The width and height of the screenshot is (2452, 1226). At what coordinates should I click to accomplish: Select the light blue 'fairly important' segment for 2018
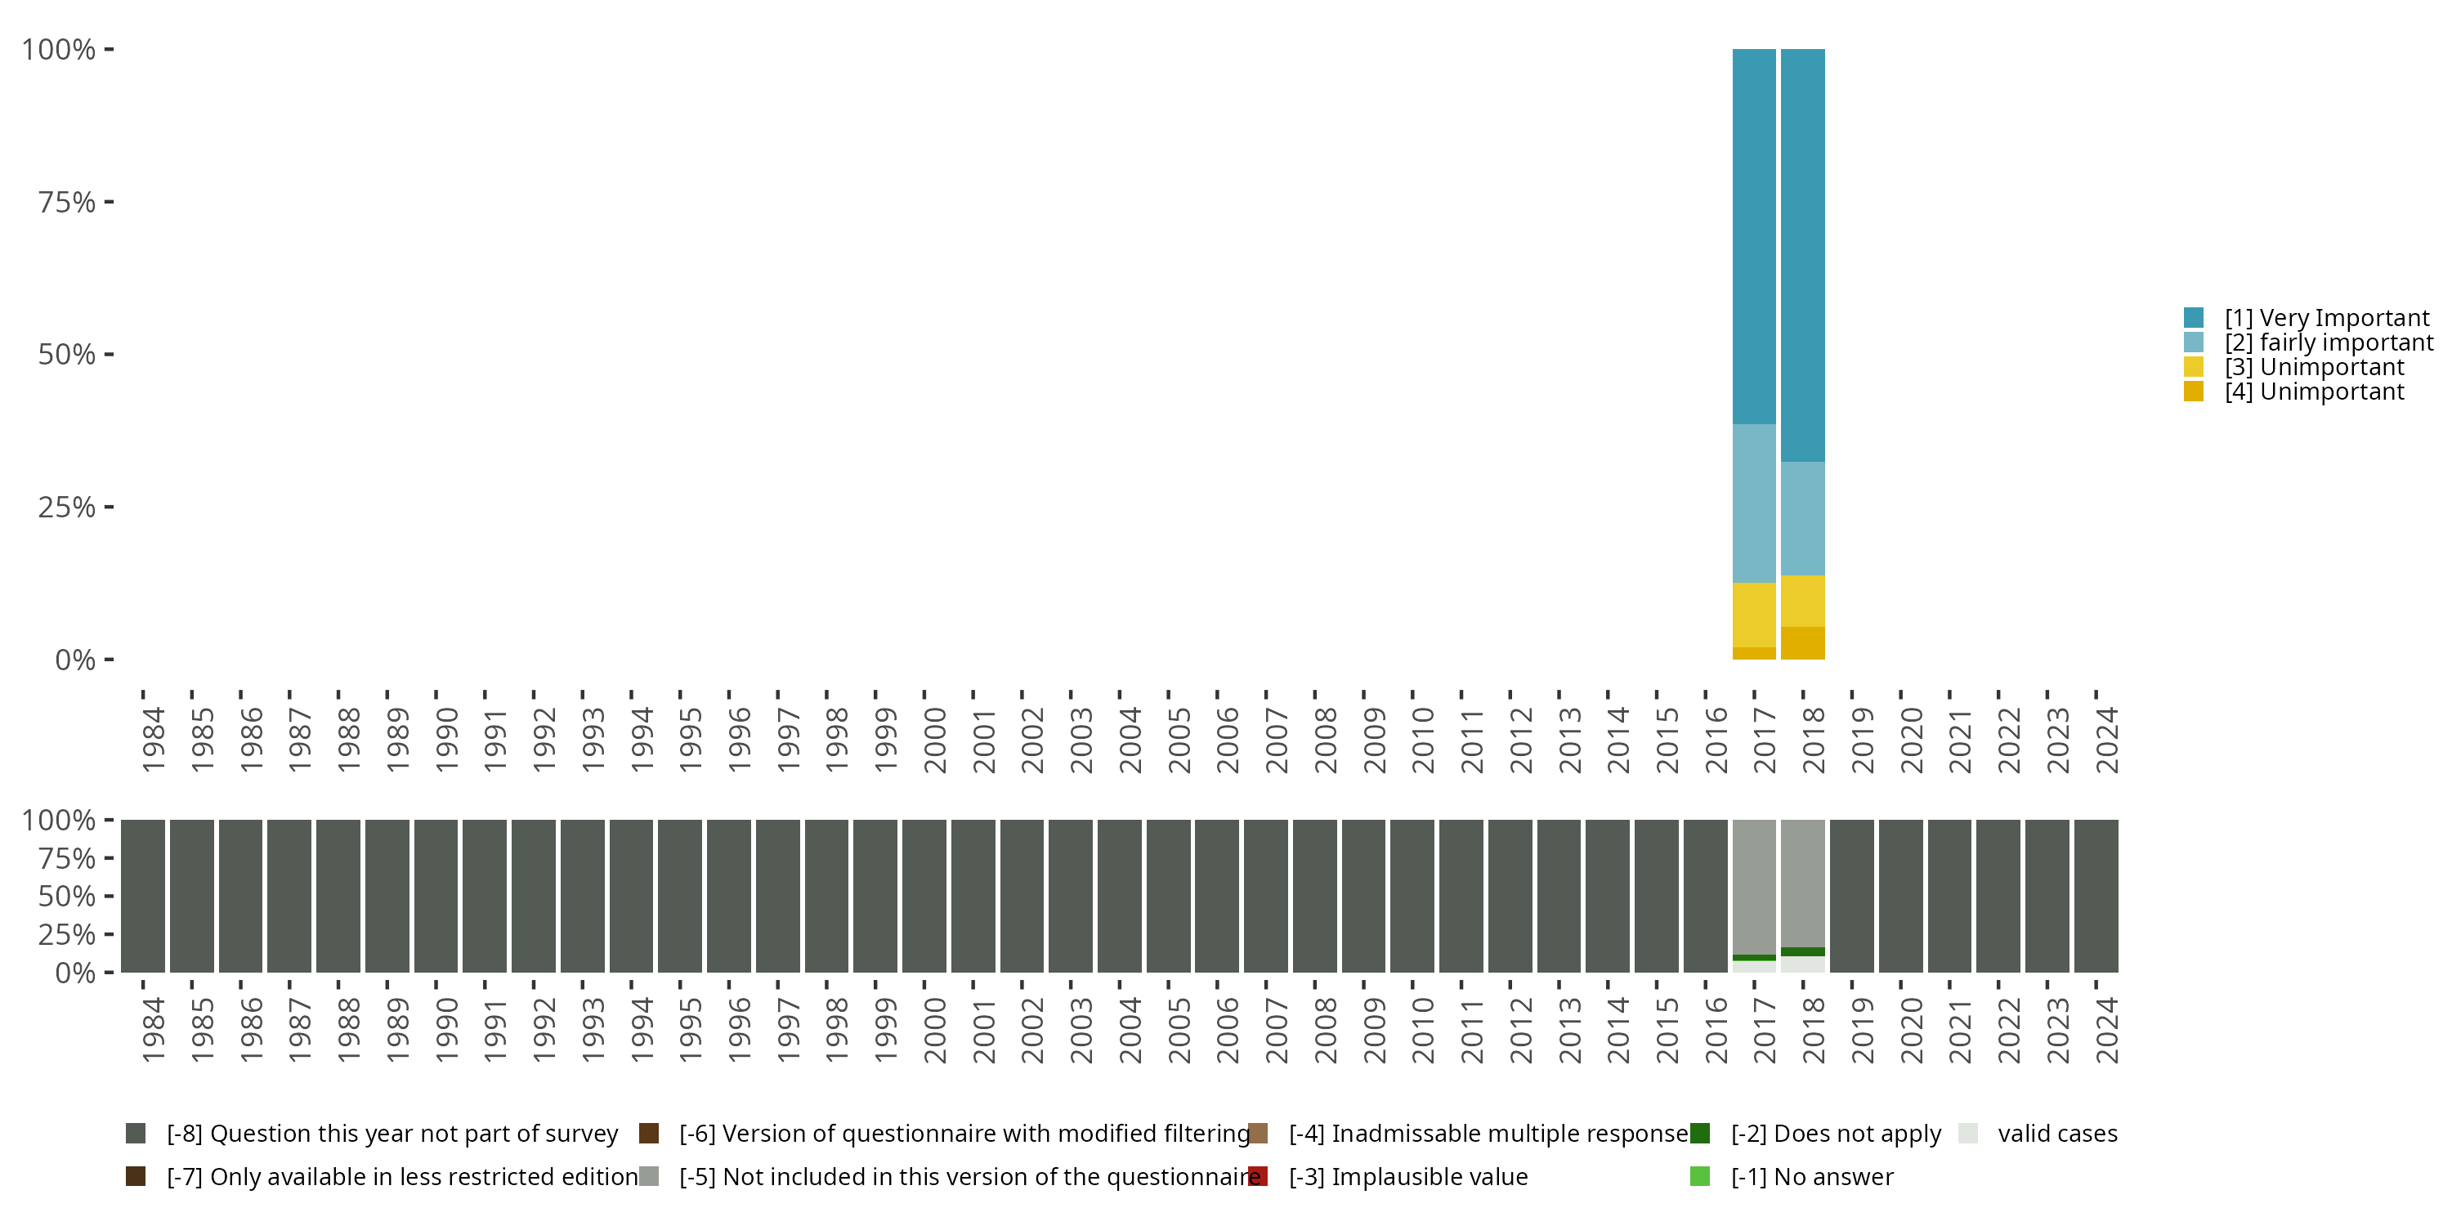(x=1802, y=518)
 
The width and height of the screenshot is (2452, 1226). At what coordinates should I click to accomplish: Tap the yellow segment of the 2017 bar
(x=1753, y=614)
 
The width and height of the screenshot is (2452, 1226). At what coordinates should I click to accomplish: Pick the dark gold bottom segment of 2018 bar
(x=1802, y=642)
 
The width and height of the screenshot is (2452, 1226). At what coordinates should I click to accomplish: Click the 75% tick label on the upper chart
(x=67, y=202)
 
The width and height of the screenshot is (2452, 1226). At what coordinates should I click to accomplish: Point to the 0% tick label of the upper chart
(x=75, y=660)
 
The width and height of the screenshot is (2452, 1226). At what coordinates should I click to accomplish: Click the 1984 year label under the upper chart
(x=152, y=741)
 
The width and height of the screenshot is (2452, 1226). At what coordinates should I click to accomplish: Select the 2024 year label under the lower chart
(x=2106, y=1030)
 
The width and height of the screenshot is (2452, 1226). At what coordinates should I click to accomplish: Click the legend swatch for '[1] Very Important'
(x=2193, y=318)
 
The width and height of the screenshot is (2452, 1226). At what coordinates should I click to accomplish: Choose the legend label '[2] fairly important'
(x=2327, y=342)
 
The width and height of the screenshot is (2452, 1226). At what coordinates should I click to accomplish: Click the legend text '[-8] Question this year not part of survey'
(x=392, y=1134)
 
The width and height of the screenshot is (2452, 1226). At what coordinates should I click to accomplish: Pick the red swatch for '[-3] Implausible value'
(x=1257, y=1176)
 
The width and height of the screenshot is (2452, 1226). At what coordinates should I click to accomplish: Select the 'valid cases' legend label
(x=2057, y=1134)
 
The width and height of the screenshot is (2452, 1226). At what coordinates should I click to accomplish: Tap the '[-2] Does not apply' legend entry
(x=1835, y=1134)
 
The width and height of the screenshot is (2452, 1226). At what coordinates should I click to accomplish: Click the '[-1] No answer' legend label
(x=1811, y=1176)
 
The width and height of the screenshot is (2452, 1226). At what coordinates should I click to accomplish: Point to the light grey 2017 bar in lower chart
(x=1753, y=885)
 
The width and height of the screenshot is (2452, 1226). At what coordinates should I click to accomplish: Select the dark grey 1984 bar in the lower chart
(x=143, y=896)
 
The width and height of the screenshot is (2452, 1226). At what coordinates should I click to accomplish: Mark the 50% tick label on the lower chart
(x=67, y=896)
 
